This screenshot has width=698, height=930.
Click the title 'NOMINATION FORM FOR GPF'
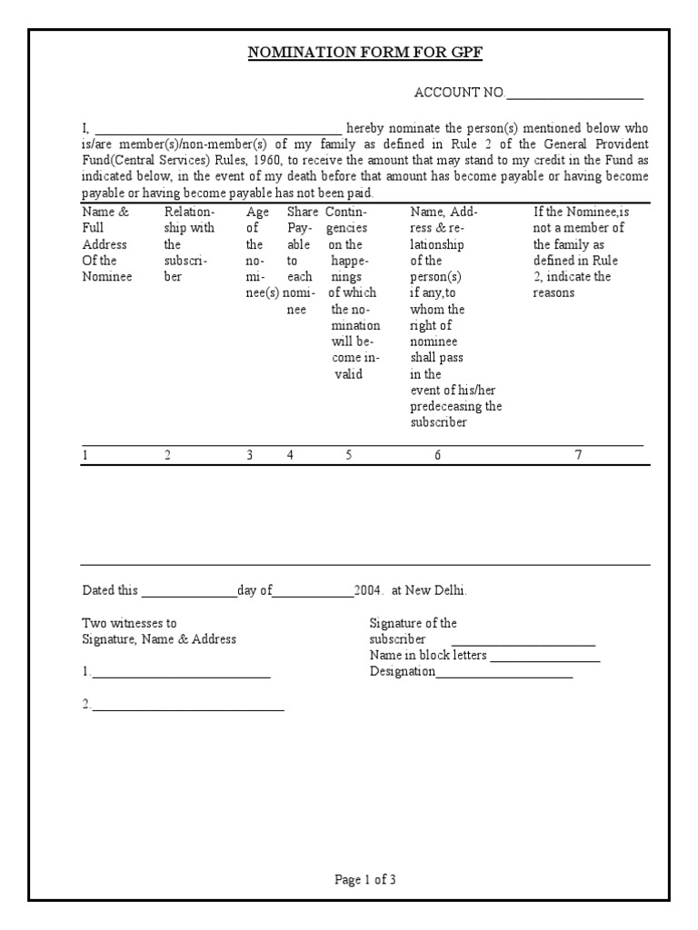365,53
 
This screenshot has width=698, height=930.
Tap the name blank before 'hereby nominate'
218,130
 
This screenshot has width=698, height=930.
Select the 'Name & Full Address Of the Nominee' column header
107,244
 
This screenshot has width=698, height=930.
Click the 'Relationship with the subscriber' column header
189,244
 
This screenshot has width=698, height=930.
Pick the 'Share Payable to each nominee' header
300,261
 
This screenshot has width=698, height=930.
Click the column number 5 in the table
348,456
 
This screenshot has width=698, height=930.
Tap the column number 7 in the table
578,456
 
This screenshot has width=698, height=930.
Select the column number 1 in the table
85,456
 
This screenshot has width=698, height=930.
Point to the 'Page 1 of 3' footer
365,879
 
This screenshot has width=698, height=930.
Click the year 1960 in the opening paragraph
266,161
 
